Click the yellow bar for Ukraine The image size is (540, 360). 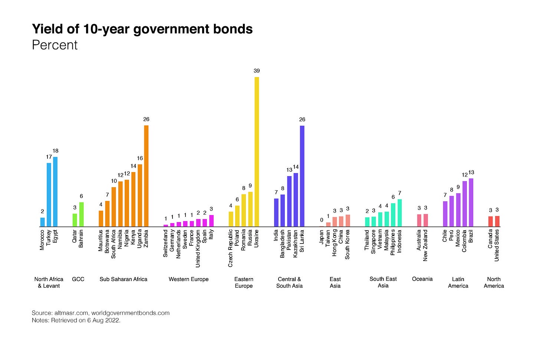(257, 152)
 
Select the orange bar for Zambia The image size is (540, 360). (146, 176)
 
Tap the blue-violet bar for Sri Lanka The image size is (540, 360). (302, 176)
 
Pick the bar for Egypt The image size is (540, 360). (55, 192)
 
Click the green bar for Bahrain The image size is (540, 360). (81, 214)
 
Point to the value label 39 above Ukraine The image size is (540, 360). (257, 70)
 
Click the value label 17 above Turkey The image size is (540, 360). (49, 157)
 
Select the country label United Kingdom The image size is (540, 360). (198, 248)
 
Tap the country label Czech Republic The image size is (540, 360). (231, 248)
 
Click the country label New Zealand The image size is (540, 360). (425, 245)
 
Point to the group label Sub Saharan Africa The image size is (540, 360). (123, 279)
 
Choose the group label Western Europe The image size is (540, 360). (188, 279)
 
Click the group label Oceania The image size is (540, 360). (422, 279)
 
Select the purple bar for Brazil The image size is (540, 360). (471, 202)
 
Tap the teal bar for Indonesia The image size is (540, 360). (399, 213)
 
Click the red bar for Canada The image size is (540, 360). (490, 221)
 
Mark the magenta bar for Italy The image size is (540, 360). (211, 221)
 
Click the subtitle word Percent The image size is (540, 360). (55, 45)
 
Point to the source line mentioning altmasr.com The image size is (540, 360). (101, 313)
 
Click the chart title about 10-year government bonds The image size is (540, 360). (142, 29)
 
